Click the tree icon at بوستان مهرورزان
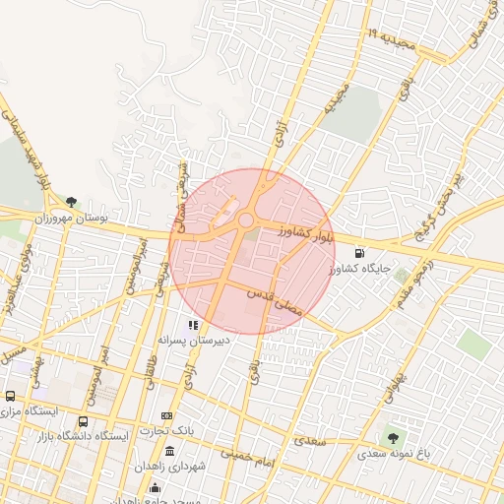pos(71,203)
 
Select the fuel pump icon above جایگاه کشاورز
pos(372,253)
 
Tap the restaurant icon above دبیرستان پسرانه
pos(194,325)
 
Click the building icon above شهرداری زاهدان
pos(170,452)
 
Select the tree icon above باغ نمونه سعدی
pos(394,438)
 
